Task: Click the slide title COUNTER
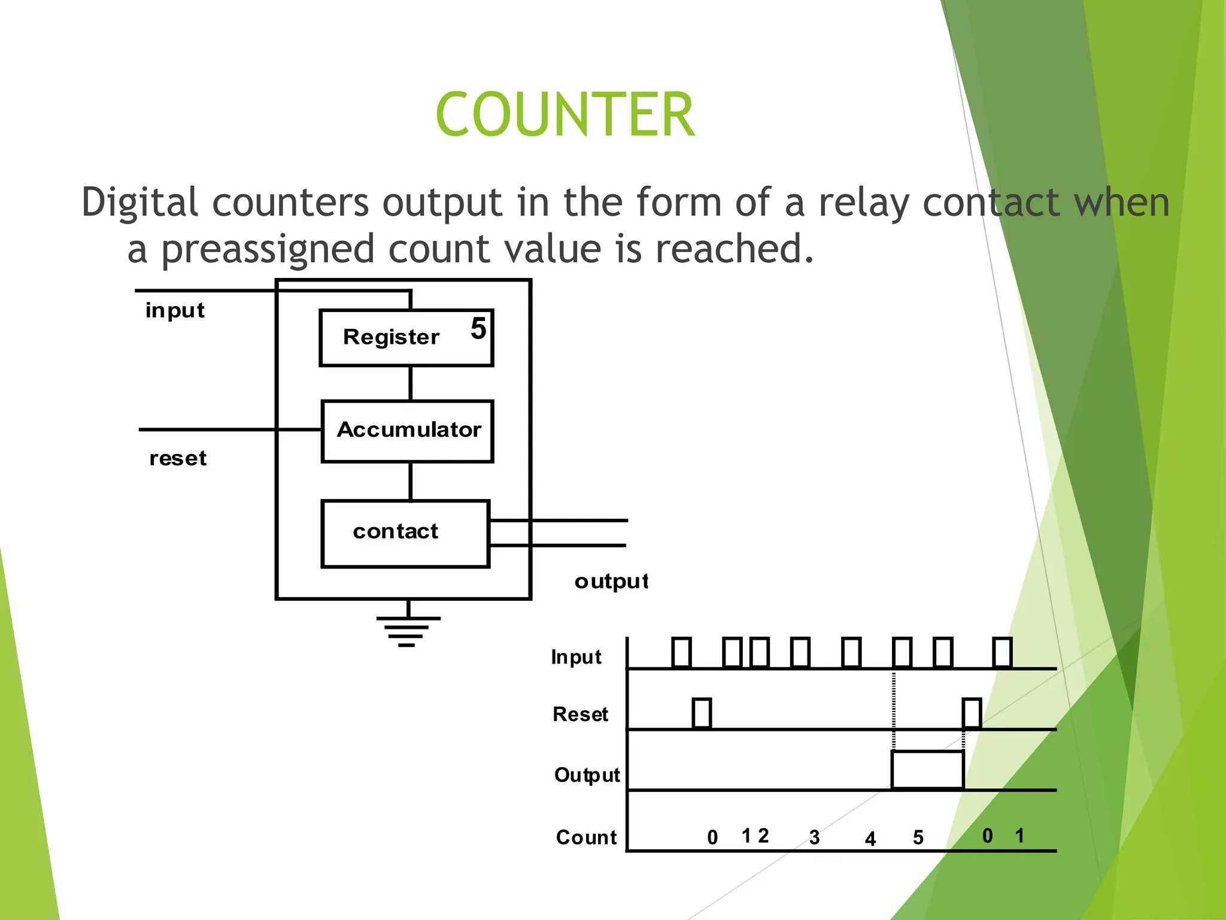tap(565, 114)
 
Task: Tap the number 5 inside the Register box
tap(478, 329)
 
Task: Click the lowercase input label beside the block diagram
tap(175, 311)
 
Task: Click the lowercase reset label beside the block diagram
tap(178, 458)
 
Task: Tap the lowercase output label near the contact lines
tap(611, 581)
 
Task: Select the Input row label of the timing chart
tap(576, 657)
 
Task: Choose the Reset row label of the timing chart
tap(580, 715)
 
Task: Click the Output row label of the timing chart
tap(587, 775)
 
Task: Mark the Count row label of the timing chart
tap(586, 837)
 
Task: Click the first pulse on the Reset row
tap(702, 713)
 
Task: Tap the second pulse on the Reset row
tap(972, 713)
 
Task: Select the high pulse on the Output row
tap(927, 770)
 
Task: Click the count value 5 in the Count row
tap(918, 837)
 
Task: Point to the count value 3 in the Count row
tap(814, 837)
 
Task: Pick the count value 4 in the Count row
tap(870, 839)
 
